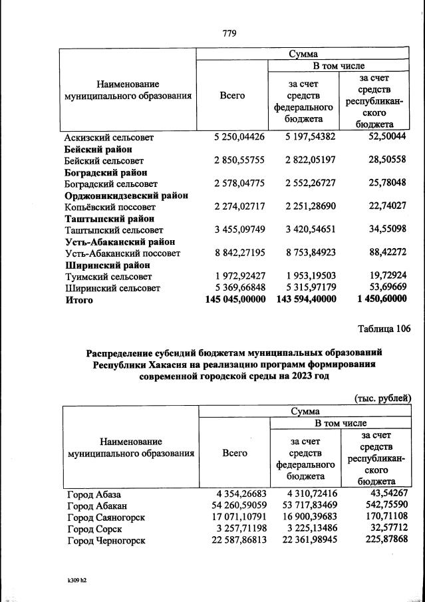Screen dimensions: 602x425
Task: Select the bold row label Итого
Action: (79, 300)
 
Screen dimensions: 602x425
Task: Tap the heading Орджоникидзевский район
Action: (126, 196)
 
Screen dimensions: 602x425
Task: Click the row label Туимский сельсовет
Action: (107, 277)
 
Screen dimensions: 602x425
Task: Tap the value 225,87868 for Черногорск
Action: (388, 541)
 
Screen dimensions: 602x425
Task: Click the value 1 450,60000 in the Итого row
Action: (382, 300)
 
